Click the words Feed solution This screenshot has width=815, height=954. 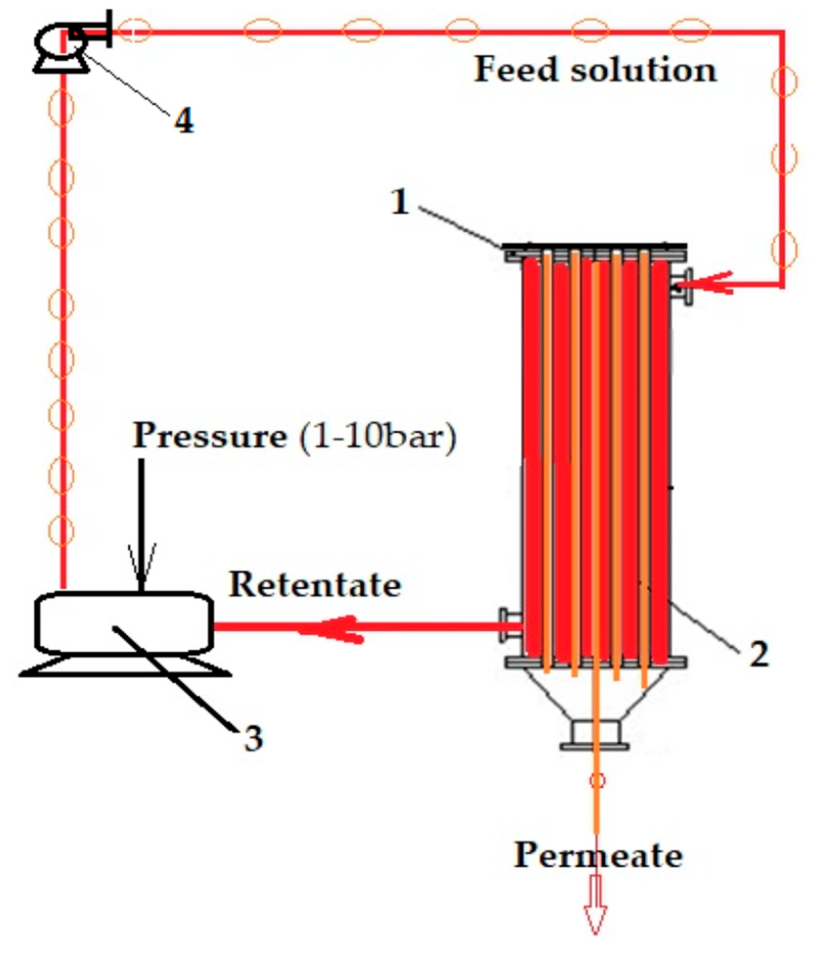(x=595, y=69)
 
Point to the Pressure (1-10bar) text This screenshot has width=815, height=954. (x=294, y=436)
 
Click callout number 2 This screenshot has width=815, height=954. (x=759, y=654)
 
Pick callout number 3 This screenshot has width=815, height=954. (x=253, y=738)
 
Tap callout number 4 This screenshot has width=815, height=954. (x=184, y=120)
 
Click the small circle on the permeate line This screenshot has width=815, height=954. (x=597, y=780)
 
